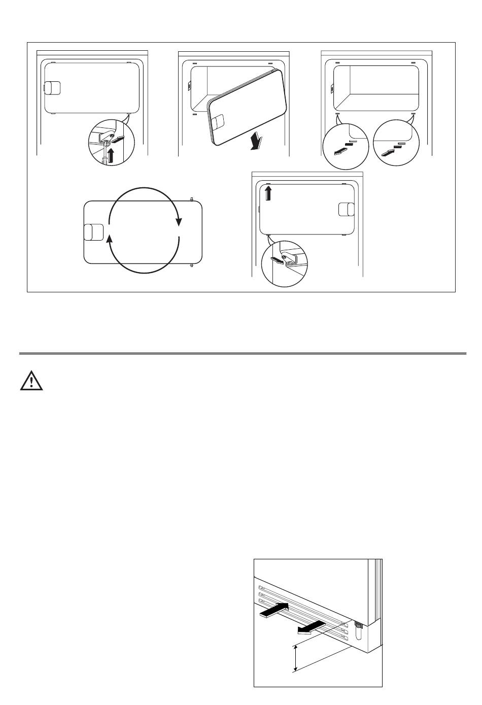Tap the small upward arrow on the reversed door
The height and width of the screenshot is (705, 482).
pos(268,193)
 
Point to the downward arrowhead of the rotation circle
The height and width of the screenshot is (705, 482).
pos(178,221)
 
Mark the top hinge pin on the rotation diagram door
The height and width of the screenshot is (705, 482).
pos(191,199)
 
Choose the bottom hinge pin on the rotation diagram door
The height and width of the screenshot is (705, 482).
pos(191,265)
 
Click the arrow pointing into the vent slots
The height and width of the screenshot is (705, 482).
pos(274,610)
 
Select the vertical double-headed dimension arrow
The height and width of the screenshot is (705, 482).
pos(295,658)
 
